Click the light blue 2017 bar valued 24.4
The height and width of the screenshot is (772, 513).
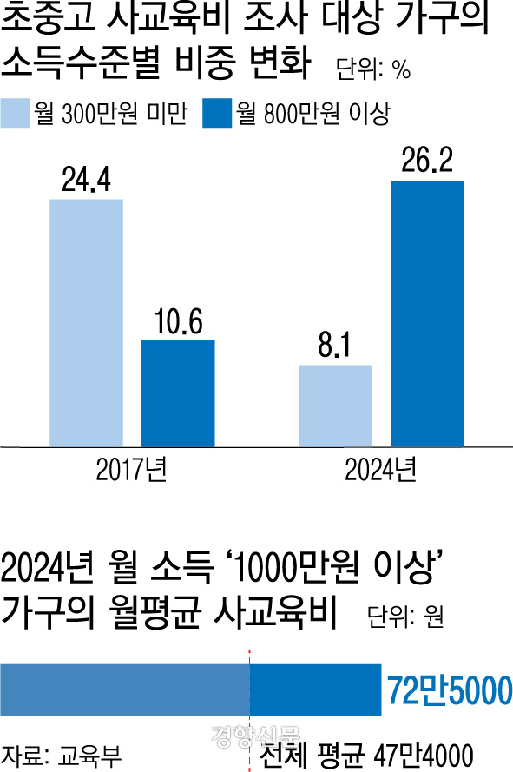click(86, 323)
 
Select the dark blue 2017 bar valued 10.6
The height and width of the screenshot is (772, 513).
click(178, 393)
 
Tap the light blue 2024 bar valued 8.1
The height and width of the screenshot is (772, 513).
click(335, 406)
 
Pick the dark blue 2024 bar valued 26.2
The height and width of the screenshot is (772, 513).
click(427, 314)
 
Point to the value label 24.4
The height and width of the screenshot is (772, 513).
click(86, 179)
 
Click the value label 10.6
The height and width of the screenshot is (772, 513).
click(178, 321)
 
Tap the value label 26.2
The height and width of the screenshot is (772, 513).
click(427, 160)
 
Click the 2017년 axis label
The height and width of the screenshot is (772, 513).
click(131, 470)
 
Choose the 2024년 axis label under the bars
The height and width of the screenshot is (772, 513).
click(380, 470)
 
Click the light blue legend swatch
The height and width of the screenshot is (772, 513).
click(15, 114)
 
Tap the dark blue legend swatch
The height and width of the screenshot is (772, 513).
click(217, 114)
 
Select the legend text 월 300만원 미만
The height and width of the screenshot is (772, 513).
click(111, 114)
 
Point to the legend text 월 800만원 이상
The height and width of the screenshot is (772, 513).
click(313, 114)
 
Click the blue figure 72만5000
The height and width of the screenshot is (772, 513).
click(450, 690)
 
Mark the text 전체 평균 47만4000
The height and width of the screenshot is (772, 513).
click(365, 755)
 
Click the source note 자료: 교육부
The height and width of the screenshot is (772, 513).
click(61, 756)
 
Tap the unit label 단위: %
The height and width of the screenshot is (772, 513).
click(373, 69)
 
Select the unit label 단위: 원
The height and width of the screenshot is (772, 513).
click(405, 616)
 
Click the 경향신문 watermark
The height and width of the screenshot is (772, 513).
click(255, 735)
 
